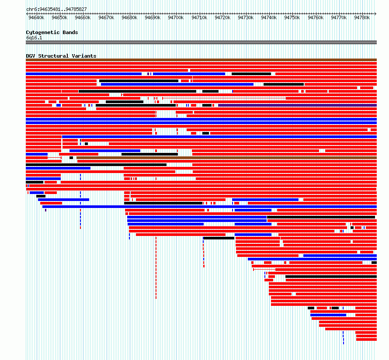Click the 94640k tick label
tap(36, 17)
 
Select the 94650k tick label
tap(59, 17)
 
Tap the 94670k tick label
tap(106, 17)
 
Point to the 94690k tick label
tap(153, 17)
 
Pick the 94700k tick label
tap(176, 17)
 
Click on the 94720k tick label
tap(222, 17)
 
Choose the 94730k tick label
tap(246, 17)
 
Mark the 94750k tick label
tap(292, 17)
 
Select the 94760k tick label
tap(316, 17)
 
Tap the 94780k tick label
tap(362, 17)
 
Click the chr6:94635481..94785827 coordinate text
tap(56, 10)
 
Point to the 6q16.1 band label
tap(34, 38)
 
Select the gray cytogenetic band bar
tap(201, 42)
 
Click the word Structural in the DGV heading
tap(53, 56)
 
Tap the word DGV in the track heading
tap(31, 56)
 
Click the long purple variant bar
tap(298, 105)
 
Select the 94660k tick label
tap(83, 17)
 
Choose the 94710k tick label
tap(199, 17)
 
